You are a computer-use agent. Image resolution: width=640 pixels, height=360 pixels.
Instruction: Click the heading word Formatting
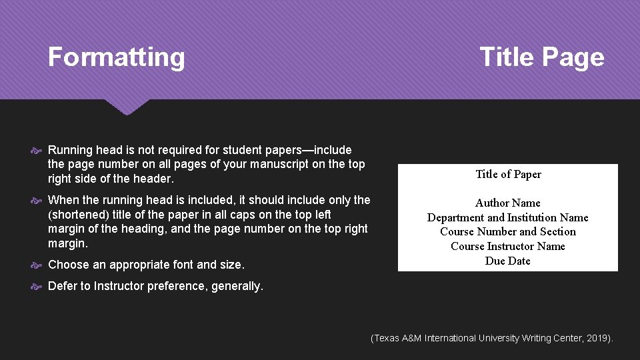click(116, 57)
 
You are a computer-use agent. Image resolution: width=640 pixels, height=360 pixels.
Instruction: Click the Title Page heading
click(541, 57)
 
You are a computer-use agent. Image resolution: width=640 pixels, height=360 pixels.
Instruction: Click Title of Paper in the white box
click(508, 175)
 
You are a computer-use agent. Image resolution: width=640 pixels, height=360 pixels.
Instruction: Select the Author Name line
click(508, 203)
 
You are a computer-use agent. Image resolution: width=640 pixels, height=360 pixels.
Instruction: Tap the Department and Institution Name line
click(508, 218)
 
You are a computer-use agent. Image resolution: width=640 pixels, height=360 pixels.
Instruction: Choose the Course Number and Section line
click(508, 232)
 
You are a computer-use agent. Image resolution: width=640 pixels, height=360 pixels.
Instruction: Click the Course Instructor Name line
click(508, 247)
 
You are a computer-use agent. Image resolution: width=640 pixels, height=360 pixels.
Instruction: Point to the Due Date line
click(508, 261)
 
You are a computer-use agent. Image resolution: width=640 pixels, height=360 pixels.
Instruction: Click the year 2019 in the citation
click(597, 339)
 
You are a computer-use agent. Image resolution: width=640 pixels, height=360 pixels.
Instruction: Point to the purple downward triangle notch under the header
click(127, 107)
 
